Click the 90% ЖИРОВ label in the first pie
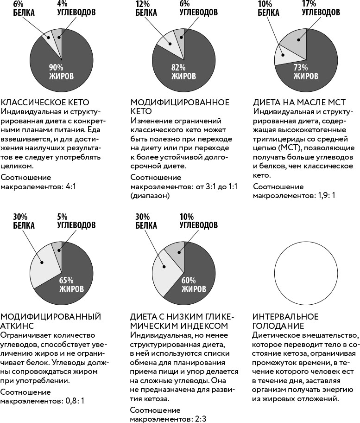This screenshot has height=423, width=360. coord(61,71)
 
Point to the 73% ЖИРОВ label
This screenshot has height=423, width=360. coord(306,71)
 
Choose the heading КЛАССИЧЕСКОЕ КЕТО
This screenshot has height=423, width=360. coord(45,103)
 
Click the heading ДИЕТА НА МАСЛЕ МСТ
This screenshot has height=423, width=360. coord(299,103)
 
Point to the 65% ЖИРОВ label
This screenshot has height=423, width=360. coord(71,284)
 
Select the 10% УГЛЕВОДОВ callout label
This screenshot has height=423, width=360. coord(198,221)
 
